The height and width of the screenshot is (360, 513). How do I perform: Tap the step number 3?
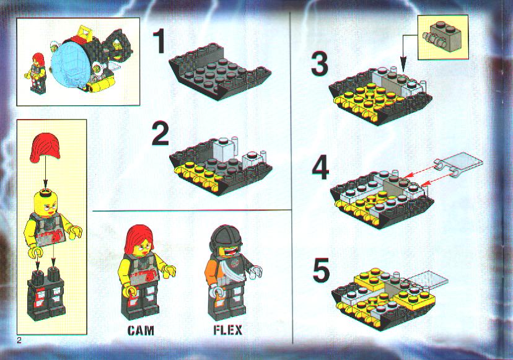319,64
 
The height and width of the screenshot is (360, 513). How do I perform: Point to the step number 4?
321,168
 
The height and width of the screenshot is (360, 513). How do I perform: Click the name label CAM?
141,330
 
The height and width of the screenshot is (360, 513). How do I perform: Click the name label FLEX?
228,330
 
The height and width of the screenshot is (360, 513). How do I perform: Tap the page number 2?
19,340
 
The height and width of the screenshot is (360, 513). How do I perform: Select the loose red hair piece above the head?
45,148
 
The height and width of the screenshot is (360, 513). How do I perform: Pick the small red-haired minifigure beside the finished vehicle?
37,72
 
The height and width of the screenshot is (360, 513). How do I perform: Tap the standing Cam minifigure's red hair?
138,240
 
